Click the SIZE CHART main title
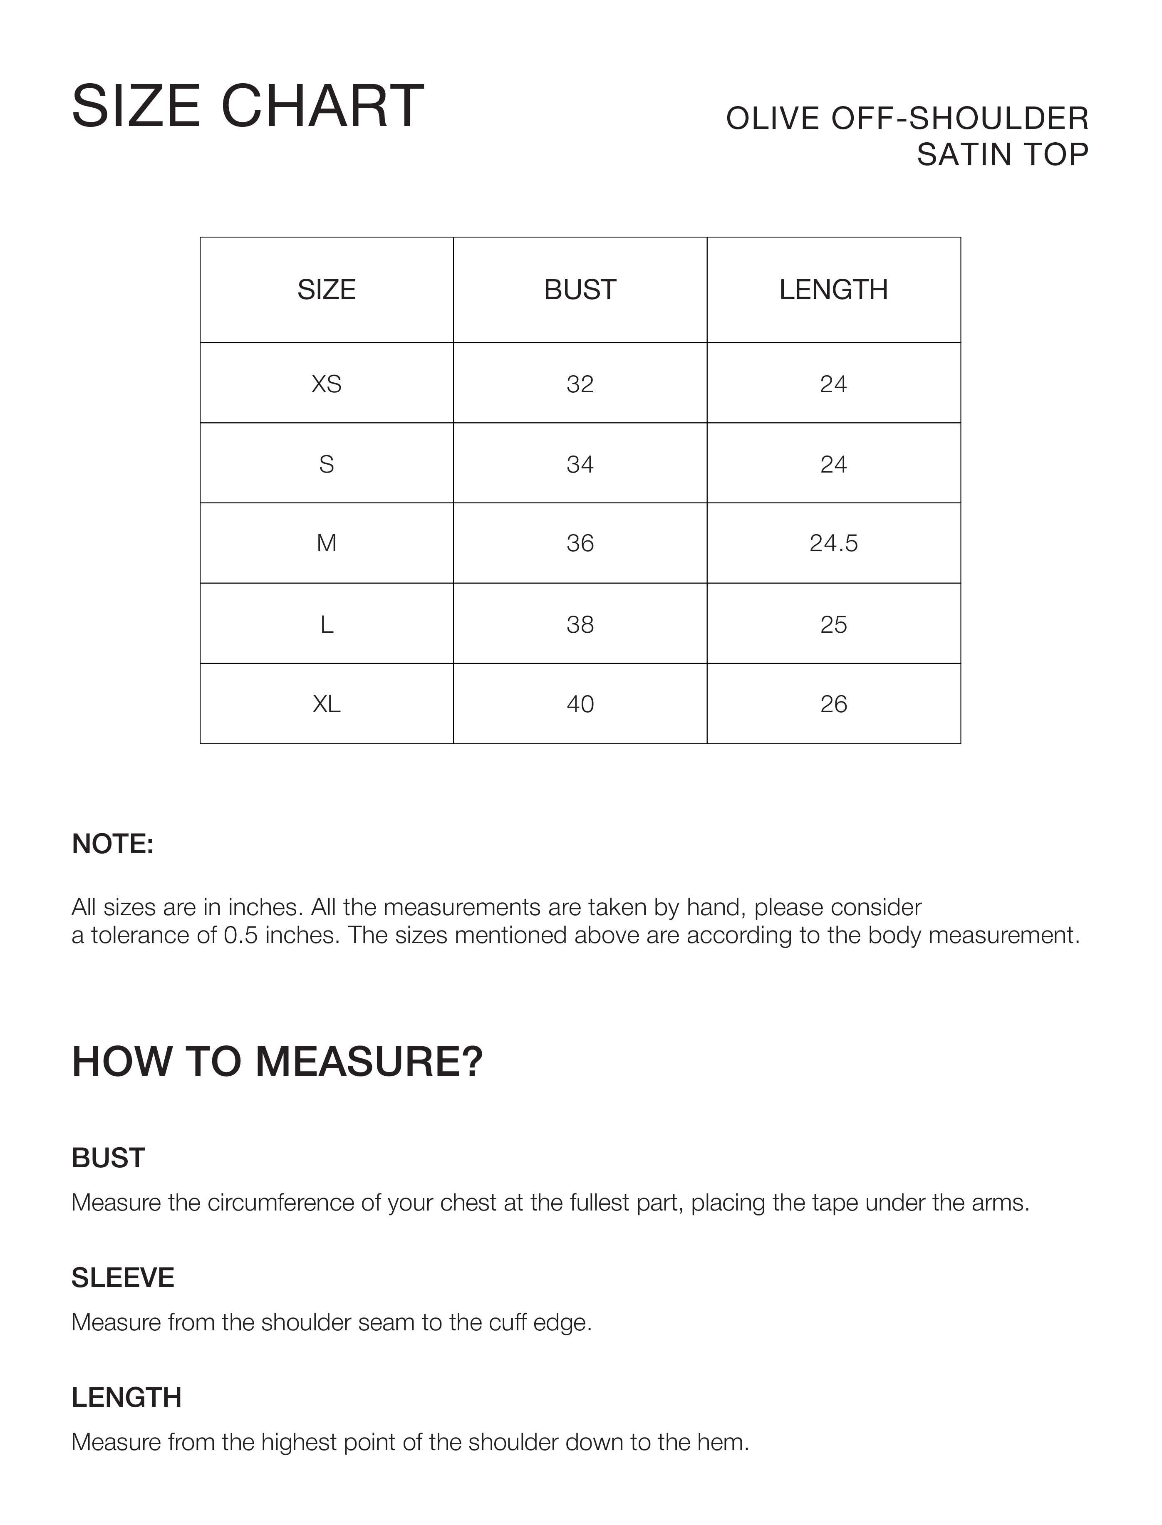click(x=248, y=106)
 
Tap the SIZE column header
click(x=327, y=290)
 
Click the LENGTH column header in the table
click(x=833, y=290)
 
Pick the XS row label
click(x=327, y=384)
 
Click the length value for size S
click(x=833, y=464)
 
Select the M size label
click(x=327, y=544)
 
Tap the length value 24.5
click(x=833, y=544)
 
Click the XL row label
click(x=327, y=704)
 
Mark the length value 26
click(x=833, y=704)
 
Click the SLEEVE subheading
click(x=122, y=1277)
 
